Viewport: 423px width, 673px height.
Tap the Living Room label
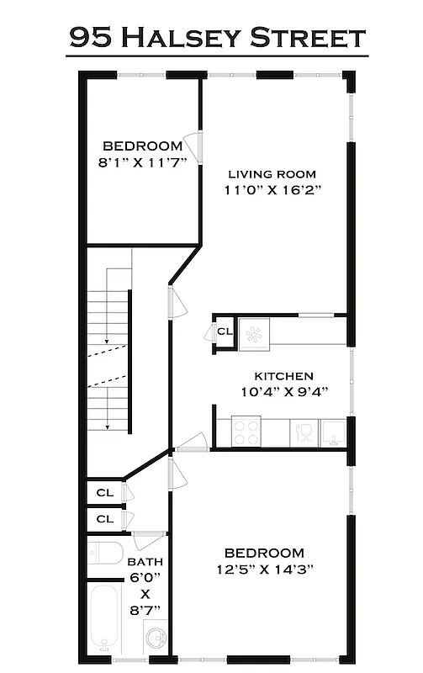click(x=272, y=174)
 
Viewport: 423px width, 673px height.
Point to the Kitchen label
click(x=284, y=376)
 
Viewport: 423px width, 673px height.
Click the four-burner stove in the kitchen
click(x=246, y=432)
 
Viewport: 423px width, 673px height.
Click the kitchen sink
click(x=334, y=432)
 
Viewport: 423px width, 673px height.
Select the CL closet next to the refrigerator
click(x=225, y=331)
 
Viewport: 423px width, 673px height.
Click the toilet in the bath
click(x=104, y=554)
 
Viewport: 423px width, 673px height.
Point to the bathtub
click(x=105, y=621)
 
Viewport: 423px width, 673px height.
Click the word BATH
click(x=145, y=562)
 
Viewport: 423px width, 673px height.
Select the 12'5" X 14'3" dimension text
click(x=264, y=568)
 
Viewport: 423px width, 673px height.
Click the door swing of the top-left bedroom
click(x=192, y=148)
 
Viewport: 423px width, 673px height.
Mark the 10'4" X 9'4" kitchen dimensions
click(x=284, y=391)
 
